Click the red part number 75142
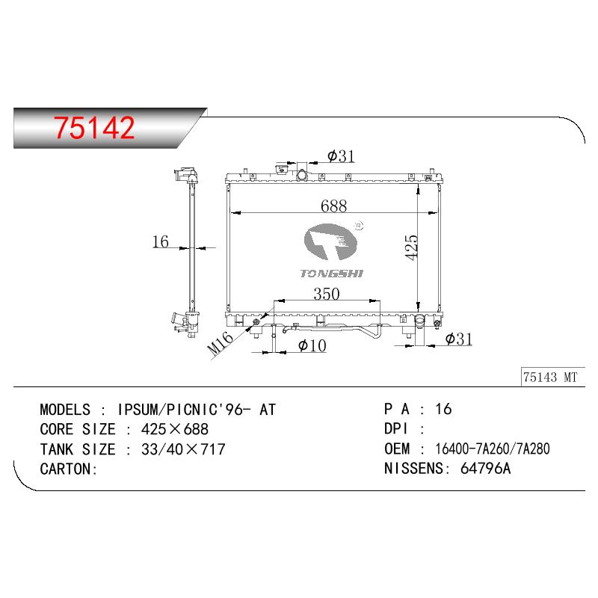tap(94, 128)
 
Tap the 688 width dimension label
tap(333, 206)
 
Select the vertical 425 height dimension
tap(412, 248)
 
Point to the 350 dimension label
tap(327, 294)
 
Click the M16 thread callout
tap(220, 343)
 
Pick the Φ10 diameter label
tap(312, 345)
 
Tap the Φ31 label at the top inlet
tap(341, 156)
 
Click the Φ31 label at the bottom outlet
tap(459, 339)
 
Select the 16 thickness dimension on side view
tap(160, 241)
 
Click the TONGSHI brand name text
tap(331, 274)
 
